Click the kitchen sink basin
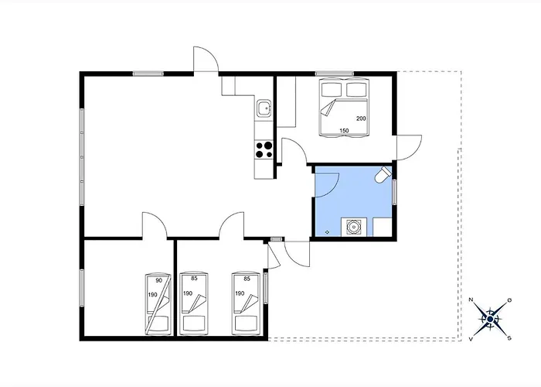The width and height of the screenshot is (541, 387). [264, 108]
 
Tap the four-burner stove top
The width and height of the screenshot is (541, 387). [264, 150]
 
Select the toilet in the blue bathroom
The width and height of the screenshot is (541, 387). [383, 174]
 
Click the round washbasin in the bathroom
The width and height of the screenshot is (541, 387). [354, 228]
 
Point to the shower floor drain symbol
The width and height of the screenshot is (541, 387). [327, 232]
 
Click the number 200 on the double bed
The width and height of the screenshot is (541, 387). [361, 118]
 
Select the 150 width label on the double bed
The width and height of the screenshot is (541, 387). [344, 131]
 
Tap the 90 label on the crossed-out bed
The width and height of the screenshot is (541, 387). [158, 280]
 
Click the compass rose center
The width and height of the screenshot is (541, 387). [490, 319]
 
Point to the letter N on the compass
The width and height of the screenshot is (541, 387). [471, 300]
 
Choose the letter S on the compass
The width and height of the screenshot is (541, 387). [509, 338]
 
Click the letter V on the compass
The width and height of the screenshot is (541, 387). [471, 339]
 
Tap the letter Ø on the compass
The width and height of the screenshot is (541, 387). [509, 300]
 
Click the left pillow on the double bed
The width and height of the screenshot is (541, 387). [332, 90]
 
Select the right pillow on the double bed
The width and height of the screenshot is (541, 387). [357, 90]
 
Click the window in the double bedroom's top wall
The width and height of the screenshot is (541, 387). [335, 74]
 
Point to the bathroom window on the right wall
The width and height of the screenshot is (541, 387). [394, 192]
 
